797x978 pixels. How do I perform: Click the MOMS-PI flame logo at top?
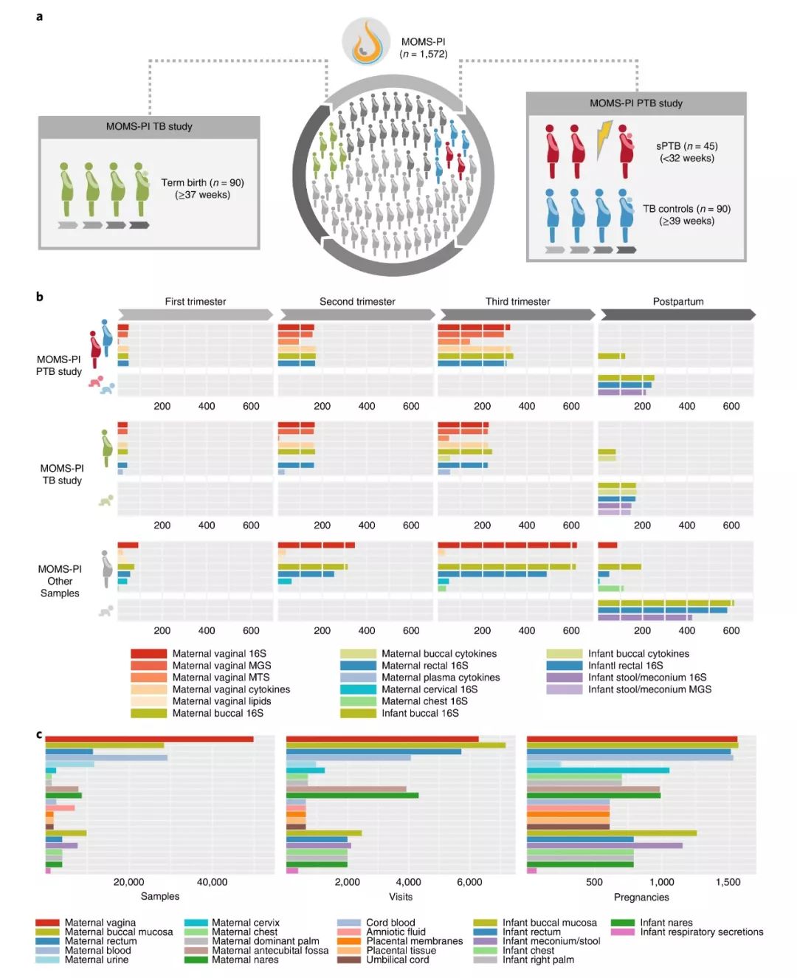tap(367, 41)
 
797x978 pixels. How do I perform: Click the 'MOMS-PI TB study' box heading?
tap(149, 126)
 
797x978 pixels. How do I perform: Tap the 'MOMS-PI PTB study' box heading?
tap(635, 103)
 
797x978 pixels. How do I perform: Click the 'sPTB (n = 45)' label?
tap(686, 151)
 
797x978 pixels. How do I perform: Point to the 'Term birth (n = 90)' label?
tap(202, 188)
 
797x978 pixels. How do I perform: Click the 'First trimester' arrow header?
tap(196, 302)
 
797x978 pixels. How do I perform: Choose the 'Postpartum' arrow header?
tap(677, 302)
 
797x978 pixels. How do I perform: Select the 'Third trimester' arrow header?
tap(517, 302)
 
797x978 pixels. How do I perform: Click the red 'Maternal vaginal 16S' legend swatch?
tap(148, 653)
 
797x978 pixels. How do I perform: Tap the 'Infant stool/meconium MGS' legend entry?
tap(649, 689)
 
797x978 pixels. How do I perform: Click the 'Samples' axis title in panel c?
tap(160, 896)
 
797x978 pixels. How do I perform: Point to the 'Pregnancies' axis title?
tap(641, 897)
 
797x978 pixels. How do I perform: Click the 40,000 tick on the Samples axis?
tap(212, 882)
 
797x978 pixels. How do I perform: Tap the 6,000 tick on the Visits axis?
tap(469, 882)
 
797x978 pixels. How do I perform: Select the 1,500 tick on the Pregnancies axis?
tap(728, 882)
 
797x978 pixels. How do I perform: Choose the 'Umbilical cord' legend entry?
tap(397, 960)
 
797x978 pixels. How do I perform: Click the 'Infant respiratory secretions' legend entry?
tap(701, 932)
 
